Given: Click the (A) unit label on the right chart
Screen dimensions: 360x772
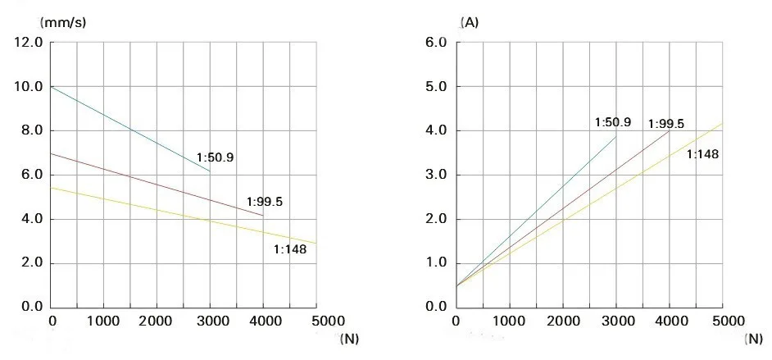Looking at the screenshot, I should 470,22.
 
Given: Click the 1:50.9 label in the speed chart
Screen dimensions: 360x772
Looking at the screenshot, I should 215,157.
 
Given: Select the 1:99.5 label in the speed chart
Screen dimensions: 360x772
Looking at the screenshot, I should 265,202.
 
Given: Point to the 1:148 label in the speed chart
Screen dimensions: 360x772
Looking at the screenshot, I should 289,249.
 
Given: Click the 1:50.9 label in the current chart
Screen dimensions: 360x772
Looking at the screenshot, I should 613,122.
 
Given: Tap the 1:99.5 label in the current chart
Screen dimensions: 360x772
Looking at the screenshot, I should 665,124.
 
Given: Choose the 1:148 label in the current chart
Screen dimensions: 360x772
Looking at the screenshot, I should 702,153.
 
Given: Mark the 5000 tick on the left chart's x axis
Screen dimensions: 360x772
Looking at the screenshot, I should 316,321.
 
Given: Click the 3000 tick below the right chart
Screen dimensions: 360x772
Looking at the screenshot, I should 616,321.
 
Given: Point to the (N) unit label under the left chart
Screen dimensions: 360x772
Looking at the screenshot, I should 349,338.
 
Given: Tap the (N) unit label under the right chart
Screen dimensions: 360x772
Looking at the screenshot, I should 754,338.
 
